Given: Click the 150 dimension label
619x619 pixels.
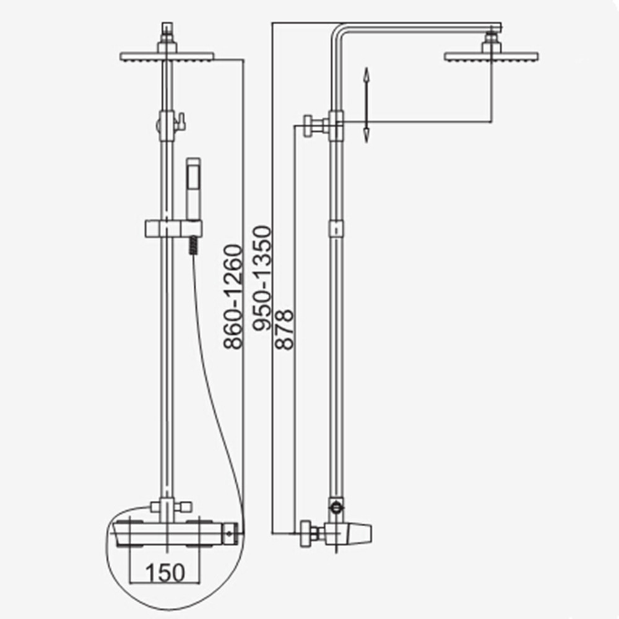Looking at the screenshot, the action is pos(165,573).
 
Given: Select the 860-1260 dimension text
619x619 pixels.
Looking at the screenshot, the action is pos(232,297).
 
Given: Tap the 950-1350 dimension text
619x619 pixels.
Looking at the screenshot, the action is pos(262,278).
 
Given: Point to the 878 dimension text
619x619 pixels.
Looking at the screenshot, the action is pos(285,330).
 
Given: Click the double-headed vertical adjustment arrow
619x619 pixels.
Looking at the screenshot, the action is pos(366,105).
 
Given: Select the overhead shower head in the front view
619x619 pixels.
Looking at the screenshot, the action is pos(167,56).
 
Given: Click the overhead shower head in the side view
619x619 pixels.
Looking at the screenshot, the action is pos(491,56).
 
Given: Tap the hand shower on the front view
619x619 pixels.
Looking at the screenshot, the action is pos(193,189).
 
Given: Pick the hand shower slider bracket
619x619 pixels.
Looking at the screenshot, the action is pos(173,229).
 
